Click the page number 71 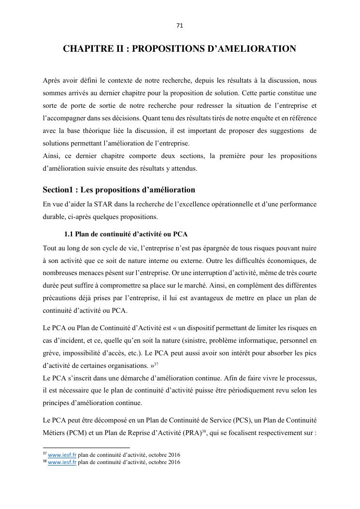pos(180,25)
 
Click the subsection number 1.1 pos(69,234)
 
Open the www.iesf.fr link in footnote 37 pos(62,455)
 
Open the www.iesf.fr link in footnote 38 pos(62,463)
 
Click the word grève pos(51,354)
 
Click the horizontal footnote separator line pos(86,448)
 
